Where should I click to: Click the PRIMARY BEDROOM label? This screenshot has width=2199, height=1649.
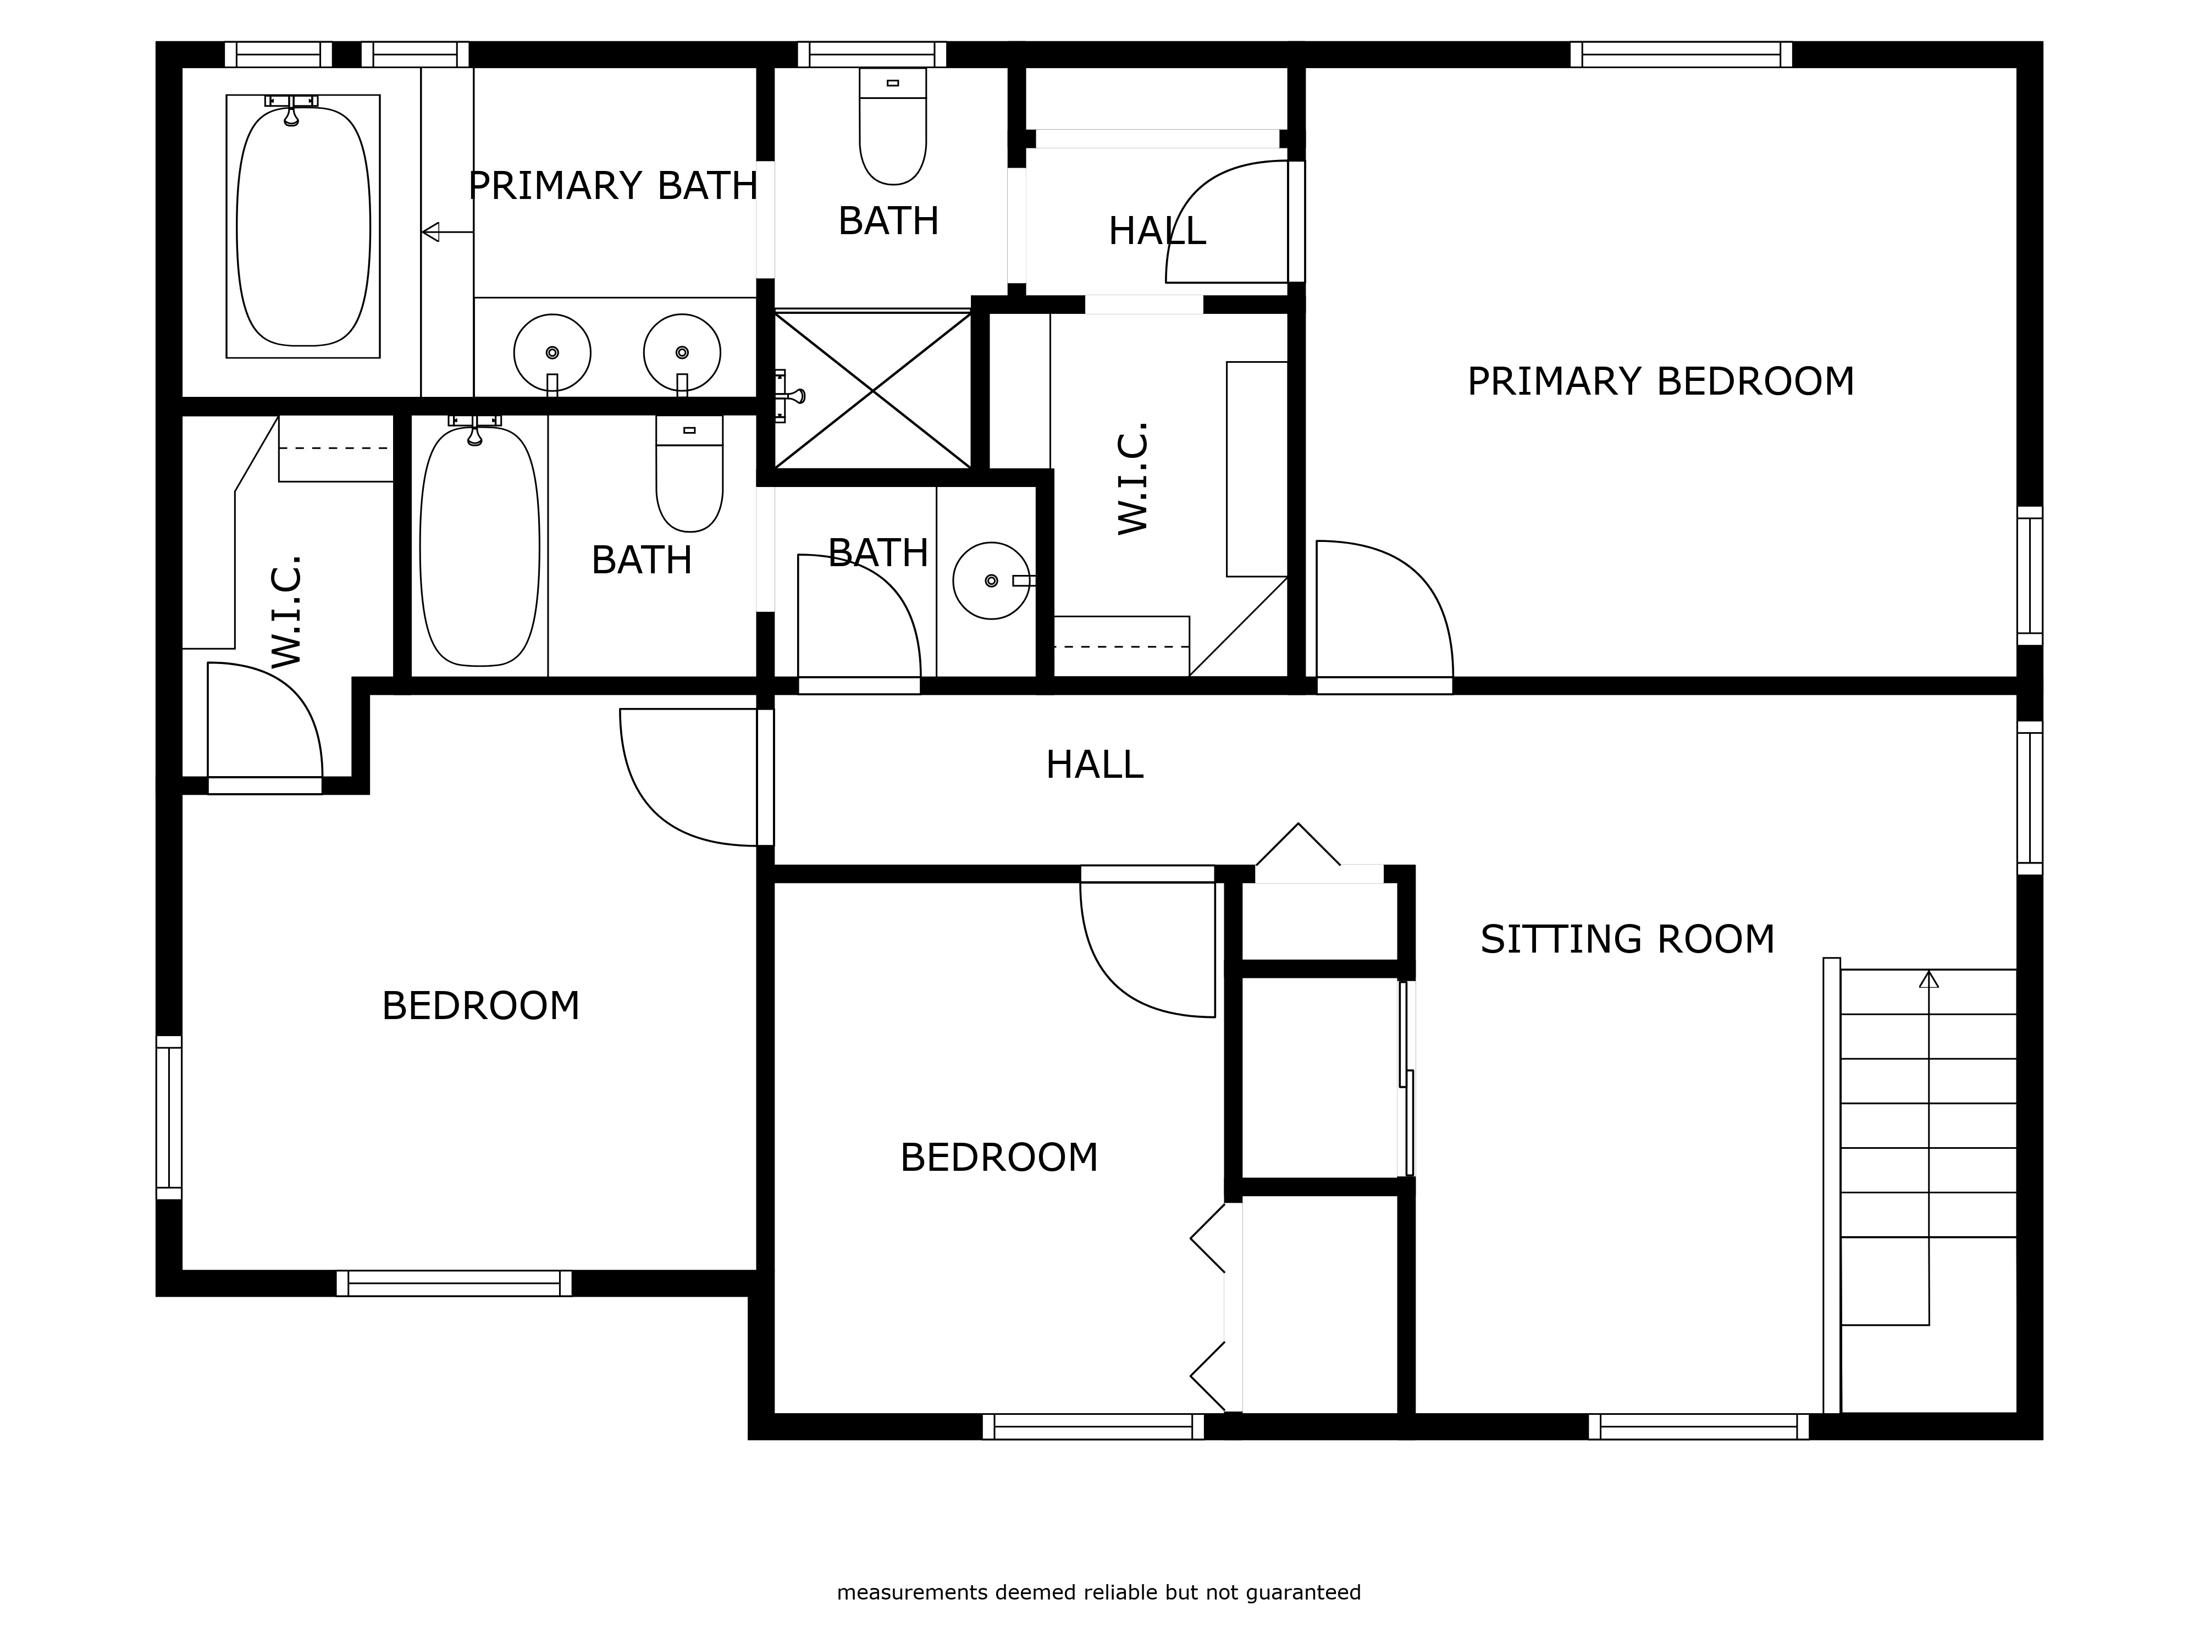coord(1660,381)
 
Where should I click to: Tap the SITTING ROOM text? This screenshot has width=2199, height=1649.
coord(1627,939)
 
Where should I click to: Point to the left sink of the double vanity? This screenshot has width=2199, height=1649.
coord(552,353)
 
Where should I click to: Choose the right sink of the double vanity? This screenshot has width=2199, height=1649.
coord(682,353)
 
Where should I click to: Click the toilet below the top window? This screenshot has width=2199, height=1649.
coord(893,126)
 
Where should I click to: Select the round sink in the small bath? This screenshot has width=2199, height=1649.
coord(991,580)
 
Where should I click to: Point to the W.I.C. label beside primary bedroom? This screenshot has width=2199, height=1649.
coord(1133,478)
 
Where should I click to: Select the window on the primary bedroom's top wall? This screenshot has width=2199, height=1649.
coord(1681,54)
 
